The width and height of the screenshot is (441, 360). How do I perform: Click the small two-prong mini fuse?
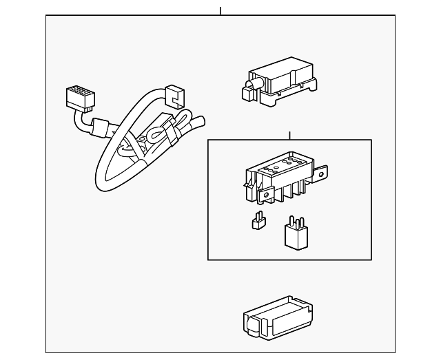point(258,221)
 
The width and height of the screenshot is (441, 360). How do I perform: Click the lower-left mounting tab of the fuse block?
point(261,198)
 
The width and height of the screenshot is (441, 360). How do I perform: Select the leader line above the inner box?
point(290,136)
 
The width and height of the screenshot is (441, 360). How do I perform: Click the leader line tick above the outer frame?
point(220,11)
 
